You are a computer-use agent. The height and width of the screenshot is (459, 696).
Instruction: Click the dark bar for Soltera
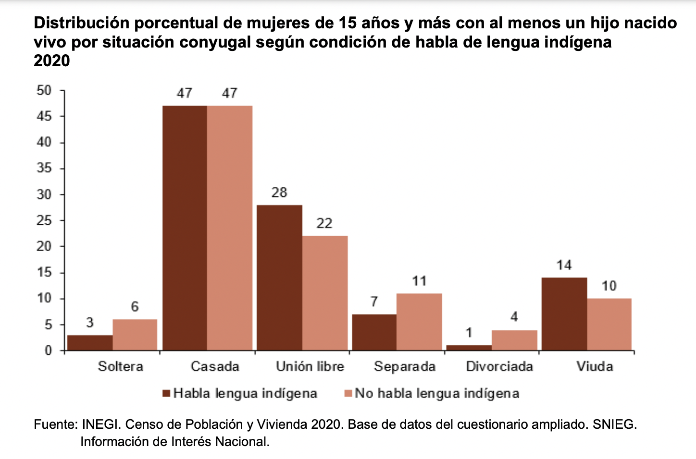coord(90,343)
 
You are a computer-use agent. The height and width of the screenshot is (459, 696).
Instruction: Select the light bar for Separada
coord(419,322)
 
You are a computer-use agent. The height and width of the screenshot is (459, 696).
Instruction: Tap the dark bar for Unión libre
coord(279,278)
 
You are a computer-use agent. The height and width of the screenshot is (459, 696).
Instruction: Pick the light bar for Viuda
coord(609,324)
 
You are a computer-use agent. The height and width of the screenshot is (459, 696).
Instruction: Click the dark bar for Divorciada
coord(469,348)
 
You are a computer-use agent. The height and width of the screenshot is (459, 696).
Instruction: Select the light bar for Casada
coord(230,228)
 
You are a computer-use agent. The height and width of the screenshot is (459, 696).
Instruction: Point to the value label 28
coord(279,193)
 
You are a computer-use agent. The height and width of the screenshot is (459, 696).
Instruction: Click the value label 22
coord(324,223)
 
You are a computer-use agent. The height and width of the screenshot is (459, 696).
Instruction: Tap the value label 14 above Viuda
coord(564,265)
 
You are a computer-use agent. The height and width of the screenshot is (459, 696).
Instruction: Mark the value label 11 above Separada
coord(419,281)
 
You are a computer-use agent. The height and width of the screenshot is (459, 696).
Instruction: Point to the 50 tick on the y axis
coord(44,90)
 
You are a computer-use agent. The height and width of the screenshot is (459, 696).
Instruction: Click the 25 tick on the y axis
coord(44,220)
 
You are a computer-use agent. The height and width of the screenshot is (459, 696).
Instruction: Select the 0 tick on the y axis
coord(48,350)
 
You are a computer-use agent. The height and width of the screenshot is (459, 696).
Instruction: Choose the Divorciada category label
coord(499,367)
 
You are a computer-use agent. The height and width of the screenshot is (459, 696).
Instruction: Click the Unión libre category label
coord(310,367)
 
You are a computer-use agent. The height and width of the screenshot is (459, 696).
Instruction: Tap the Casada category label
coord(215,367)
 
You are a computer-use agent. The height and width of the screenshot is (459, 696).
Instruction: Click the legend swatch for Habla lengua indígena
coord(167,394)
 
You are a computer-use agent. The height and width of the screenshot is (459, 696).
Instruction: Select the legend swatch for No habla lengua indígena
coord(348,394)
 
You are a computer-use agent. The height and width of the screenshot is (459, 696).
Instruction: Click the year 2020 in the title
coord(52,61)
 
